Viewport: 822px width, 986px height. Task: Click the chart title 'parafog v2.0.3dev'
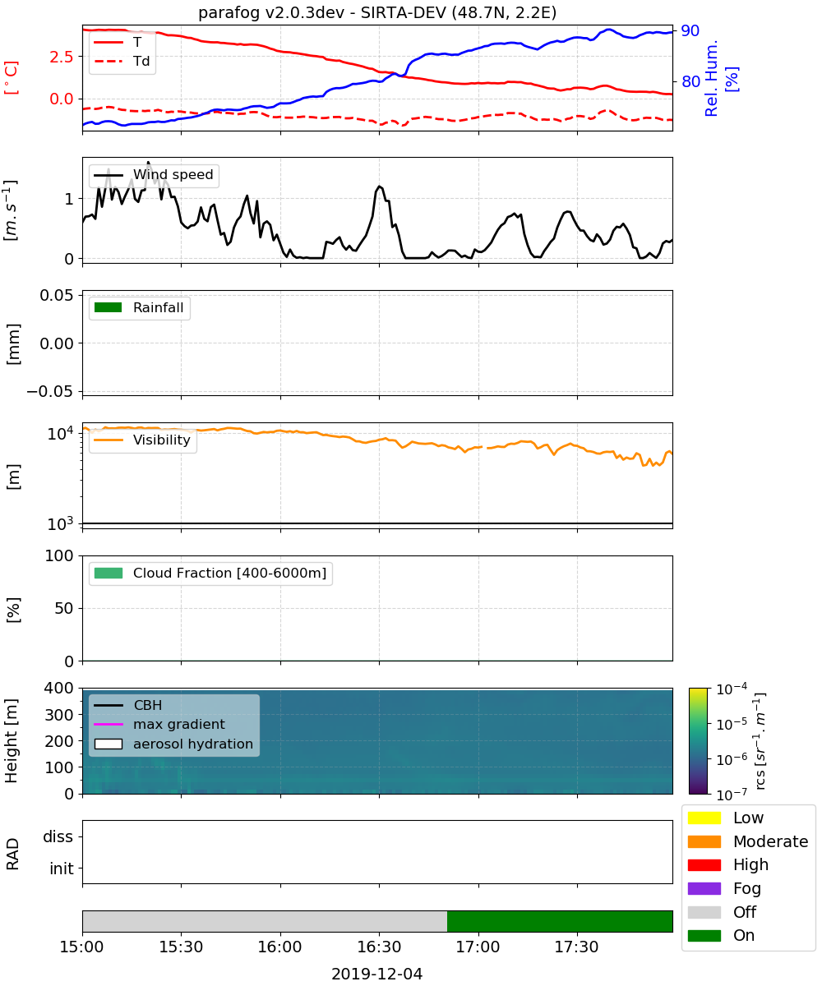click(x=271, y=13)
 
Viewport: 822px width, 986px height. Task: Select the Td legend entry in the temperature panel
click(x=122, y=61)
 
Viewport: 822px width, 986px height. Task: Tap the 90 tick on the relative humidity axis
click(x=690, y=30)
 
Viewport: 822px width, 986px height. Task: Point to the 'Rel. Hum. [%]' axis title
click(x=721, y=78)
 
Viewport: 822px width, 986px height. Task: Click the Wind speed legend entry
click(x=154, y=175)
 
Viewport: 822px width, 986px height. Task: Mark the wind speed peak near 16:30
click(x=379, y=186)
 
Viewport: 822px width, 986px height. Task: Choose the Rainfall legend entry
click(x=139, y=307)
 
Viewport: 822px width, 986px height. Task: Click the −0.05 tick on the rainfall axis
click(x=50, y=391)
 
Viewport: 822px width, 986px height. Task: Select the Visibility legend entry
click(x=141, y=440)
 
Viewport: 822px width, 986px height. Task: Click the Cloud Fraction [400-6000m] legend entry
click(x=210, y=573)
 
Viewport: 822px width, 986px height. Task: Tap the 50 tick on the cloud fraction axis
click(x=64, y=608)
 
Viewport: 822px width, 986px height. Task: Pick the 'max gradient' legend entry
click(x=159, y=724)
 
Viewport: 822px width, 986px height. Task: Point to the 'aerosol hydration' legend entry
click(x=173, y=744)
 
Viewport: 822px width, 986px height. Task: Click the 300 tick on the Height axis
click(x=59, y=715)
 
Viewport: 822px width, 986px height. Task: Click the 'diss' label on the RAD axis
click(x=58, y=836)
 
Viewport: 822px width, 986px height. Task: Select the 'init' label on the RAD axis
click(x=62, y=869)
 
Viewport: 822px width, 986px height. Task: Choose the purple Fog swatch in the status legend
click(x=704, y=888)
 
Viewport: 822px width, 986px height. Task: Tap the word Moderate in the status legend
click(x=770, y=841)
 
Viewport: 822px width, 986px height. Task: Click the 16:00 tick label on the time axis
click(x=279, y=947)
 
